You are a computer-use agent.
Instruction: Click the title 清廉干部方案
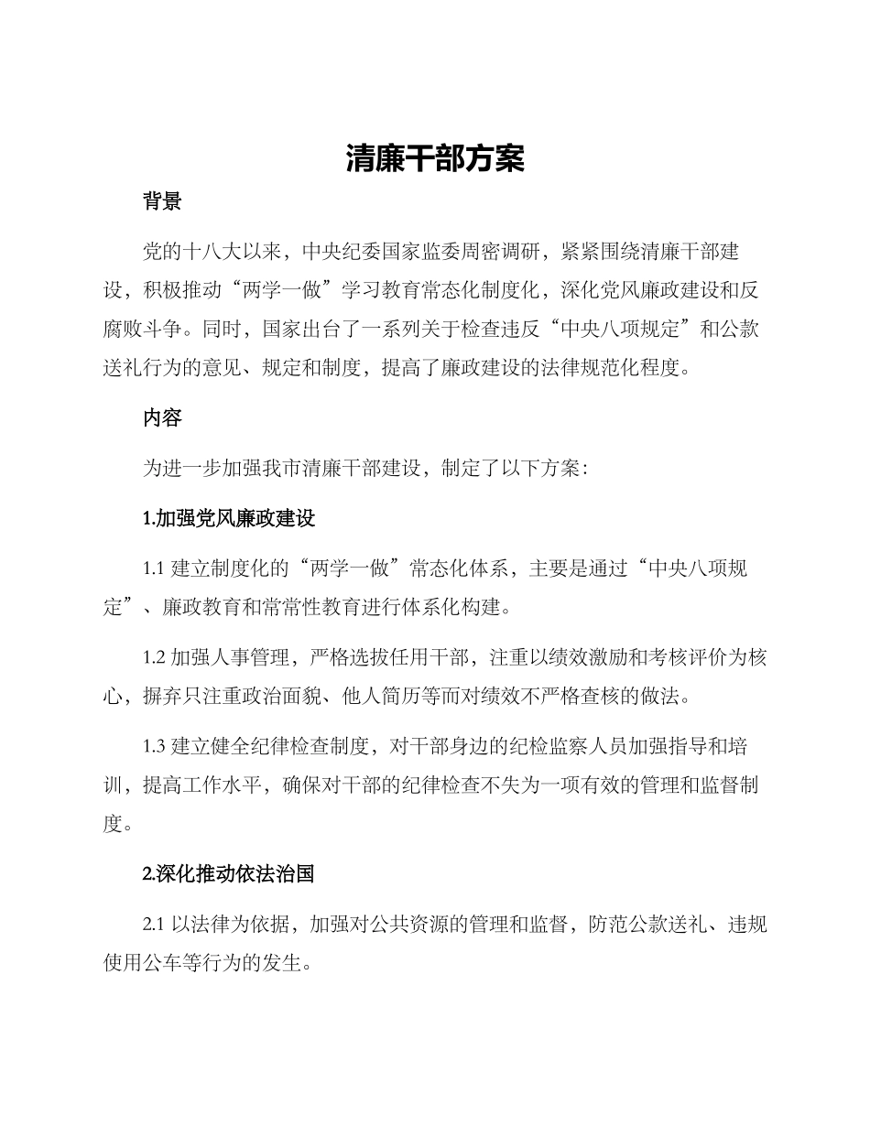click(x=435, y=159)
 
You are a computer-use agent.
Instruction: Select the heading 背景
click(x=162, y=202)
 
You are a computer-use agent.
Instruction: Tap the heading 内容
click(x=162, y=418)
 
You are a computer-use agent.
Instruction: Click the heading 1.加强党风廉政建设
click(x=229, y=518)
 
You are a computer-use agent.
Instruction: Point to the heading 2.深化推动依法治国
click(x=229, y=874)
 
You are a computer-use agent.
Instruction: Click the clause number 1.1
click(x=153, y=568)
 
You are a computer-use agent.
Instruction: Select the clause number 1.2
click(x=153, y=656)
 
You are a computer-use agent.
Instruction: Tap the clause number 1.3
click(x=153, y=745)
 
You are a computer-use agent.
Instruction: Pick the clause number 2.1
click(x=153, y=925)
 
